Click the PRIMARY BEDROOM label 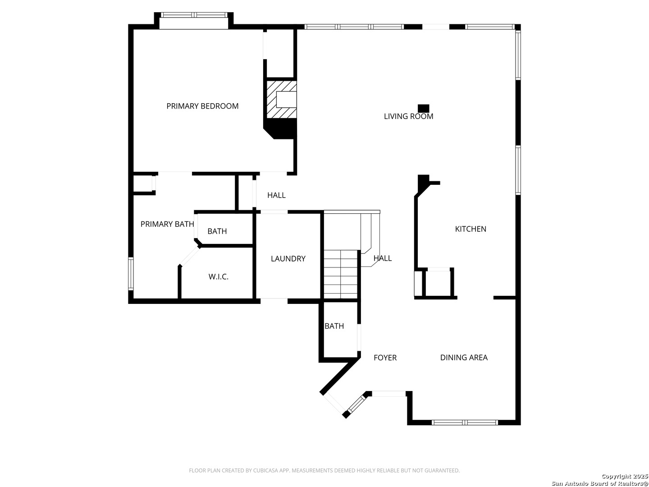[202, 106]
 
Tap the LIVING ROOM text [408, 116]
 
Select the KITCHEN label [470, 229]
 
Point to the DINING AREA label [464, 358]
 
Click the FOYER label [385, 358]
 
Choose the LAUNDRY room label [288, 259]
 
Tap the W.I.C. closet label [218, 277]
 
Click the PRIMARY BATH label [167, 224]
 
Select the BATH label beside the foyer [334, 326]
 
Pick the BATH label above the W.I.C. [217, 231]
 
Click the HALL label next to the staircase [382, 258]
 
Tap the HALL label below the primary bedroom [276, 195]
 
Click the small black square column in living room [423, 109]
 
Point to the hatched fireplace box [282, 99]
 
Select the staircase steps [341, 274]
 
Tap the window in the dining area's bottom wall [465, 423]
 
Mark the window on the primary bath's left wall [131, 274]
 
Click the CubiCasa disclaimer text [324, 470]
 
